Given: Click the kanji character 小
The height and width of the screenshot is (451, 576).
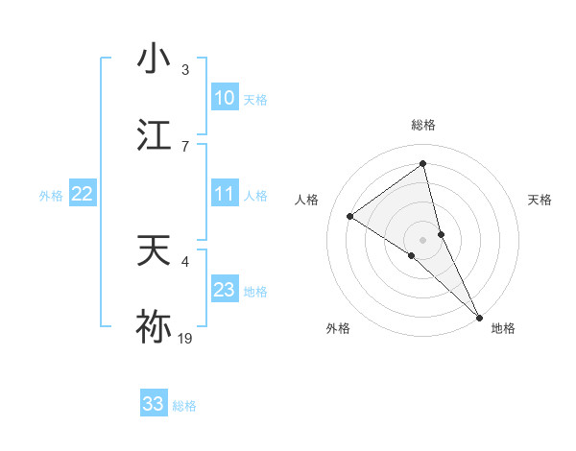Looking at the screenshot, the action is pyautogui.click(x=154, y=58).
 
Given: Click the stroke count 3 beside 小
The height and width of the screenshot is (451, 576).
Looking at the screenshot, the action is pyautogui.click(x=185, y=70).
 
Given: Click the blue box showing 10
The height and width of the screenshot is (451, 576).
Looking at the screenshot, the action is pyautogui.click(x=224, y=98).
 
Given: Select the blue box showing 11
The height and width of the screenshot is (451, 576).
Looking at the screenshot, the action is pyautogui.click(x=224, y=194).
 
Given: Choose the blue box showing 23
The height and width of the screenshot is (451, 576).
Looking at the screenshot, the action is pyautogui.click(x=224, y=290).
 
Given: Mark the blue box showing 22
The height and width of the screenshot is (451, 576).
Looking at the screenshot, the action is pyautogui.click(x=83, y=194).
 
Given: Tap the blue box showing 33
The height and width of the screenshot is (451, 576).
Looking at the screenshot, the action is pyautogui.click(x=154, y=404).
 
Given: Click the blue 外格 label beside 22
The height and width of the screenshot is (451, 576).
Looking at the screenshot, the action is pyautogui.click(x=51, y=195).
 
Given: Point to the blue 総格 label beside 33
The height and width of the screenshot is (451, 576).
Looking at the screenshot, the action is pyautogui.click(x=184, y=406).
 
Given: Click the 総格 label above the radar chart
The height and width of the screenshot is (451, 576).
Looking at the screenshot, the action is pyautogui.click(x=422, y=125).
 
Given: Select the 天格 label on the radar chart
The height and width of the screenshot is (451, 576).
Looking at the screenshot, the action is pyautogui.click(x=540, y=200).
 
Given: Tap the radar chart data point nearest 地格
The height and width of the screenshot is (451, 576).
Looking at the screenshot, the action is pyautogui.click(x=479, y=317).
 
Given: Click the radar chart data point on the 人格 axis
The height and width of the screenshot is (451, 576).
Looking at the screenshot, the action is pyautogui.click(x=349, y=216).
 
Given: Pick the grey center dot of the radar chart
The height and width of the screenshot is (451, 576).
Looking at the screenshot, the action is pyautogui.click(x=422, y=239).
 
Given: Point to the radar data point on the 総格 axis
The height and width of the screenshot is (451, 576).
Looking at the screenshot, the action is pyautogui.click(x=422, y=163).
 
